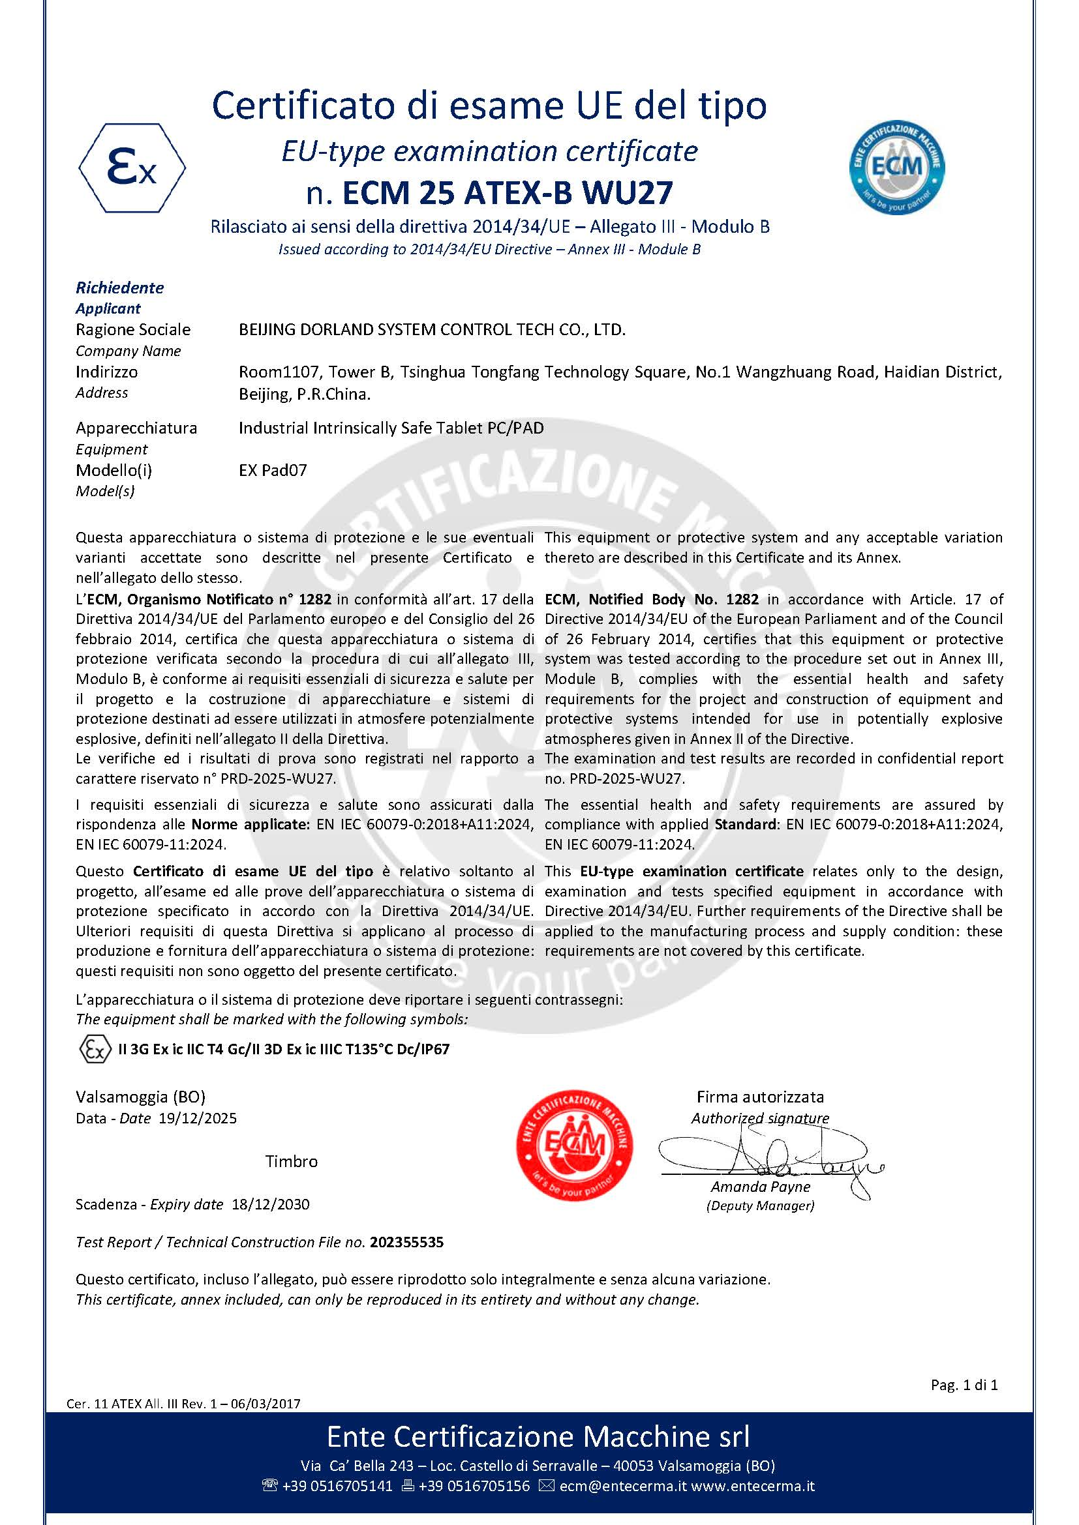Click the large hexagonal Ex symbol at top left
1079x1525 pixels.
click(x=132, y=168)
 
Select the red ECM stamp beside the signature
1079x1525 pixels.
click(x=574, y=1145)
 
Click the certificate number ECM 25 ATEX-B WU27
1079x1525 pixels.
click(x=507, y=193)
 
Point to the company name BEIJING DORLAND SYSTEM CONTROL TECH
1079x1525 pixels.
click(x=432, y=330)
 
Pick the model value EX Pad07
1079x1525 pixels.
click(x=273, y=470)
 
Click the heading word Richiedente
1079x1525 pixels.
click(x=119, y=288)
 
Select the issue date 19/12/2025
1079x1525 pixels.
click(x=197, y=1118)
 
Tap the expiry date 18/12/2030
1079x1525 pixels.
click(x=271, y=1204)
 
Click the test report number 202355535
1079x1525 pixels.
click(x=406, y=1242)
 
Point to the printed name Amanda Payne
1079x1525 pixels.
click(x=760, y=1186)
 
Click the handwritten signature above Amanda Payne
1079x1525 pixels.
click(x=770, y=1157)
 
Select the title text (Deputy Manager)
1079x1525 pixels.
click(x=760, y=1206)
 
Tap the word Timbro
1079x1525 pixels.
click(x=291, y=1161)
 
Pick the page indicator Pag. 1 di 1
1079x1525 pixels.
click(x=964, y=1385)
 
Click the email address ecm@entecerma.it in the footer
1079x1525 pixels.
click(x=622, y=1486)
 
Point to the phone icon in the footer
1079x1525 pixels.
click(x=270, y=1486)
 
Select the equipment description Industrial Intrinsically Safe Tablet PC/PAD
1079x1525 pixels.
click(x=391, y=428)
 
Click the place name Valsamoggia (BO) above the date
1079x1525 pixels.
click(x=140, y=1097)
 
